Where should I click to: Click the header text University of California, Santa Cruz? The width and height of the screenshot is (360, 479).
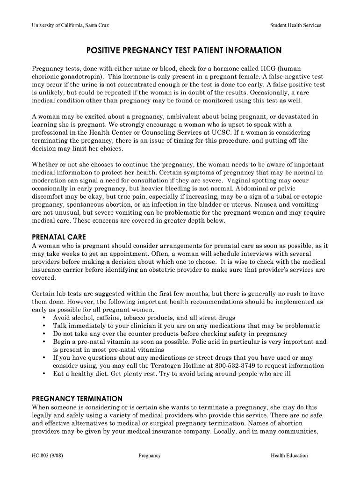[70, 25]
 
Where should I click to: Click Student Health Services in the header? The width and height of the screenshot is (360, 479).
[295, 25]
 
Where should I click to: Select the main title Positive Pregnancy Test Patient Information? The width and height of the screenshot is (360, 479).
[180, 50]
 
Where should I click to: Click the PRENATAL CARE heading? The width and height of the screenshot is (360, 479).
[59, 237]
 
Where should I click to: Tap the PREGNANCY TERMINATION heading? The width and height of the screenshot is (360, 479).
[77, 399]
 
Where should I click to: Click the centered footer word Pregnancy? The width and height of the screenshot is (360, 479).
[150, 456]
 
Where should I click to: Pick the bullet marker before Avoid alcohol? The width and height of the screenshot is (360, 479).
[44, 318]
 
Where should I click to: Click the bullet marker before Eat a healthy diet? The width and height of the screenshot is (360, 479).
[44, 374]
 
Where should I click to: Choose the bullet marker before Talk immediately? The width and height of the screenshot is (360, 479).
[44, 326]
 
